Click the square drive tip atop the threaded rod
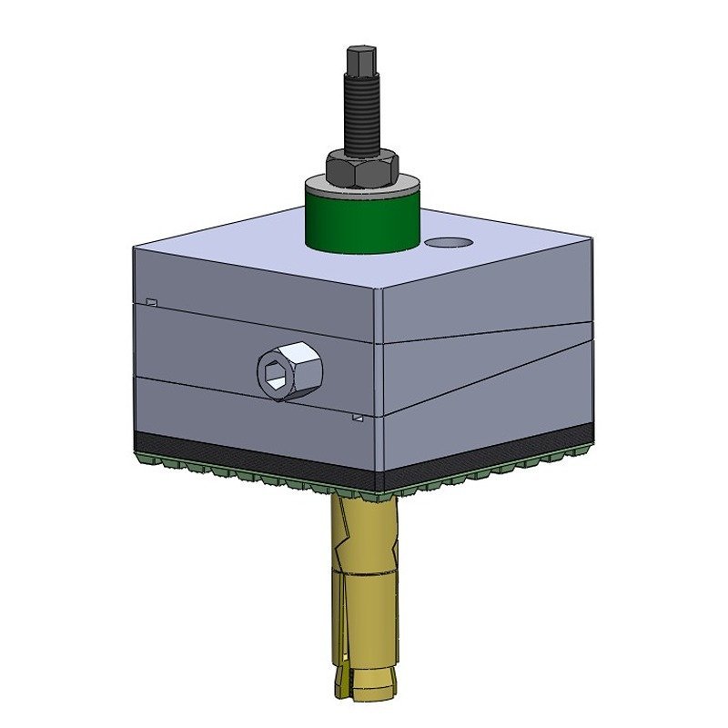tap(357, 61)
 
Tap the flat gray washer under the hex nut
tap(361, 184)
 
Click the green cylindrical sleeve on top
tap(361, 223)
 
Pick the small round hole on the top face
tap(447, 243)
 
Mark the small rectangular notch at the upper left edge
tap(152, 302)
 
